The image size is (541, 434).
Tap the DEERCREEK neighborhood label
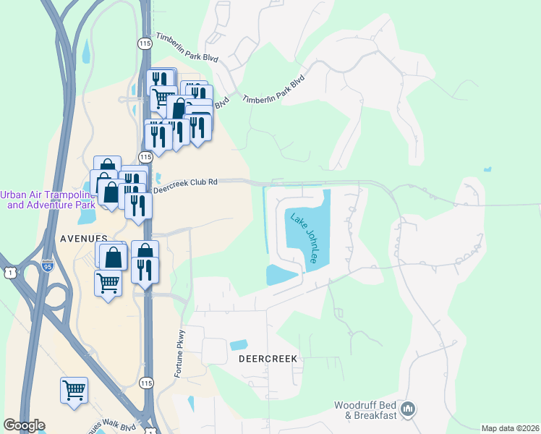tap(268, 359)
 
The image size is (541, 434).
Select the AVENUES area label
tap(85, 237)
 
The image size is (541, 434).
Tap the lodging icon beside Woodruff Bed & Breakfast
tap(408, 410)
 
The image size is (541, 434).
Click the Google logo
tap(24, 425)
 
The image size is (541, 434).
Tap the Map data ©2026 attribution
tap(509, 428)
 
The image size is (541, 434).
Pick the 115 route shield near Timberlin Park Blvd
tap(145, 44)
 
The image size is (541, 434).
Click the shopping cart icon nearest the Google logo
tap(74, 391)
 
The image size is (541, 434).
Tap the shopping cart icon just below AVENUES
tap(108, 283)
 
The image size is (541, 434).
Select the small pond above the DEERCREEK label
tap(238, 345)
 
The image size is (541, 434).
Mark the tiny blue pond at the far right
tap(487, 170)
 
